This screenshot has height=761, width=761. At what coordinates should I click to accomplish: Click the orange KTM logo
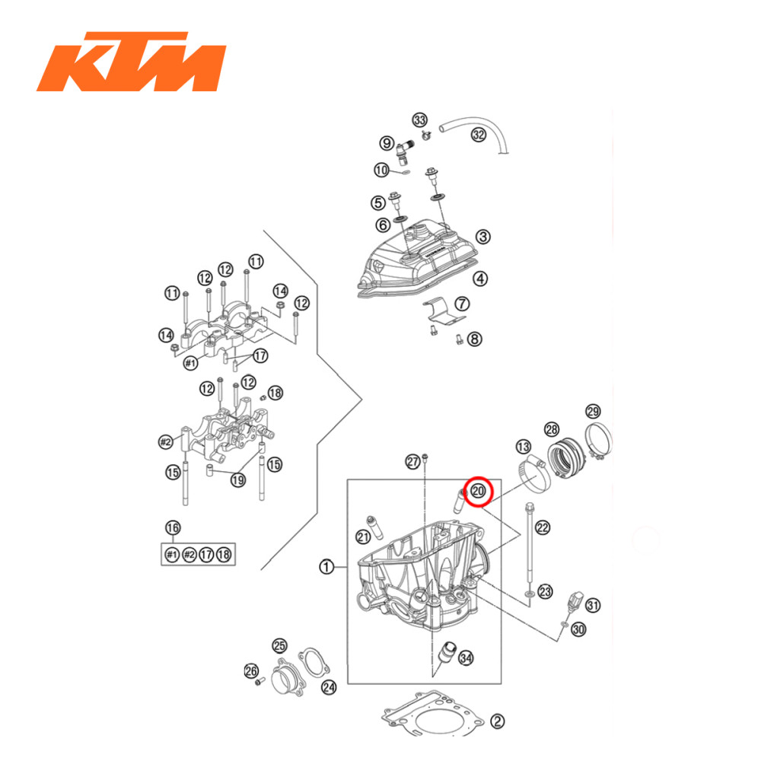pos(131,62)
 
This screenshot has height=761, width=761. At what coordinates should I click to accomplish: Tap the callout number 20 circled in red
pos(479,492)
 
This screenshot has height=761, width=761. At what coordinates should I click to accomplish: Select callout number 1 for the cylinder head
pos(326,567)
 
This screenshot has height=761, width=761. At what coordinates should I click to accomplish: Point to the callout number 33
pos(420,120)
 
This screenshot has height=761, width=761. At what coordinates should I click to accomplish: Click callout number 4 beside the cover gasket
pos(481,279)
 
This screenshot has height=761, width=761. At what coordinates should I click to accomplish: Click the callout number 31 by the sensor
pos(593,606)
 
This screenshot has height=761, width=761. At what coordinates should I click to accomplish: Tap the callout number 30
pos(578,629)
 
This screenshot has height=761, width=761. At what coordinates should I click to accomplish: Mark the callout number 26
pos(250,670)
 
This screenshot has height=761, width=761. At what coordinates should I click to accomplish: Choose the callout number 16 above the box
pos(173,528)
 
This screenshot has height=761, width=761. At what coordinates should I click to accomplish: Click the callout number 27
pos(412,462)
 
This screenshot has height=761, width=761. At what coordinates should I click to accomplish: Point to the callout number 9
pos(387,142)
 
